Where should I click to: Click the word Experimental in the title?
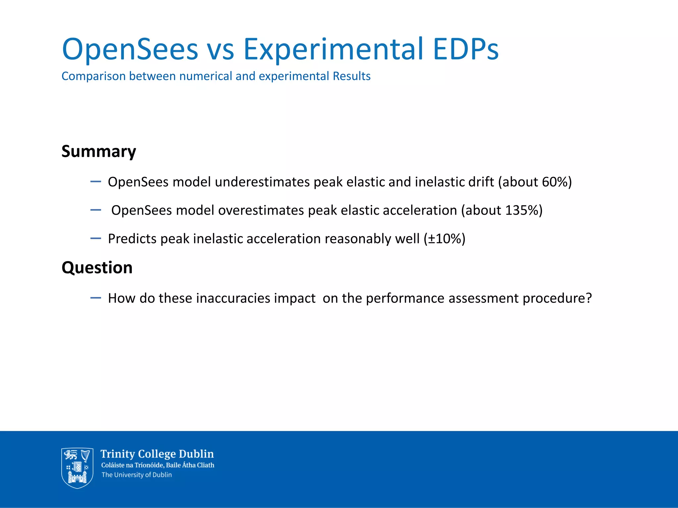pyautogui.click(x=333, y=50)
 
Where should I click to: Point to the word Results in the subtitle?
pyautogui.click(x=352, y=76)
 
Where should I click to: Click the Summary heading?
pyautogui.click(x=99, y=151)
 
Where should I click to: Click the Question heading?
pyautogui.click(x=97, y=267)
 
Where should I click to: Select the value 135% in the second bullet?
pyautogui.click(x=521, y=210)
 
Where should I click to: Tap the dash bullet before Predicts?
pyautogui.click(x=95, y=238)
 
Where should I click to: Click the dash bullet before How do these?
pyautogui.click(x=95, y=298)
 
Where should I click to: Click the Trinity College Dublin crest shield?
pyautogui.click(x=77, y=468)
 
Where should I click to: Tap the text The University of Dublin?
pyautogui.click(x=136, y=475)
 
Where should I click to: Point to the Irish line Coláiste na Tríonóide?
pyautogui.click(x=132, y=465)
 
